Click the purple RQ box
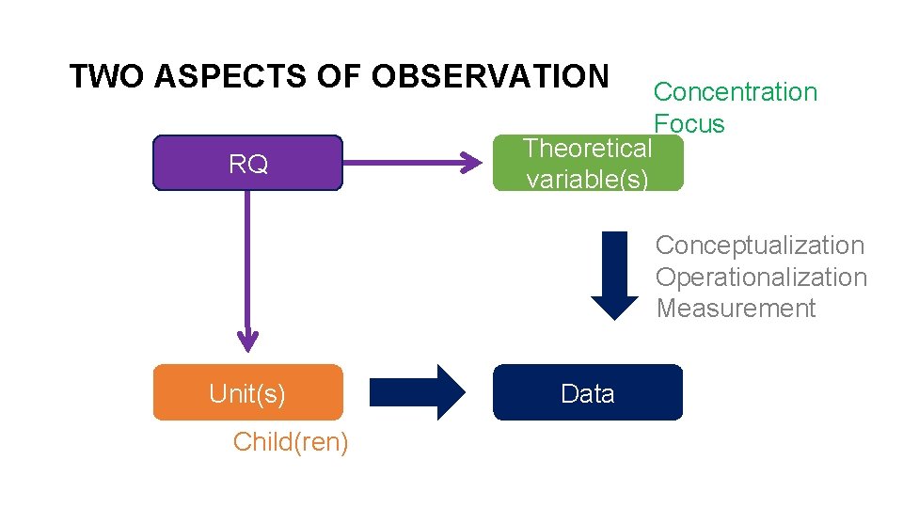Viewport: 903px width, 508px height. click(x=247, y=164)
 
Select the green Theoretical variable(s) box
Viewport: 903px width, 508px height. click(x=588, y=165)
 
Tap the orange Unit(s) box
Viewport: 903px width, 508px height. click(x=247, y=392)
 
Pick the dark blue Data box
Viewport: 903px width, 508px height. click(x=588, y=392)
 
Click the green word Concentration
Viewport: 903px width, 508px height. click(x=735, y=92)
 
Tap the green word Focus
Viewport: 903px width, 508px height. click(x=689, y=124)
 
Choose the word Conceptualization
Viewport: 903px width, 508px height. click(x=759, y=246)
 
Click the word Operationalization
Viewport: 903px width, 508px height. click(x=761, y=278)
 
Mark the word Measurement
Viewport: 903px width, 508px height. click(x=736, y=309)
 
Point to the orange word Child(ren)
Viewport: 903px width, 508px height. click(x=291, y=441)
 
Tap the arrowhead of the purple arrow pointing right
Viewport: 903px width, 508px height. click(x=470, y=164)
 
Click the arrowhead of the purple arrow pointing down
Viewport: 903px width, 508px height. click(x=247, y=341)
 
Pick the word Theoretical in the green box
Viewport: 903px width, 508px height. click(x=587, y=149)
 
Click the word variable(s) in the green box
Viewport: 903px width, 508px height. click(x=587, y=179)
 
